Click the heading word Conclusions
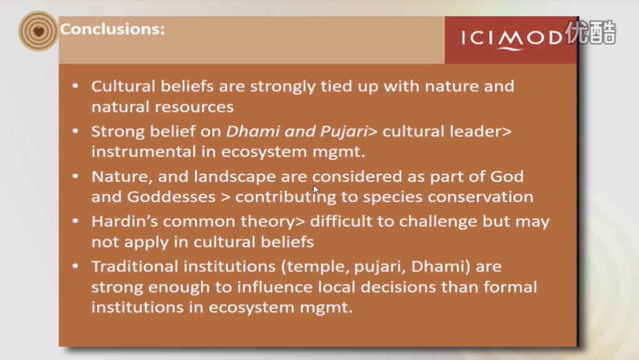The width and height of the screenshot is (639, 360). (x=112, y=29)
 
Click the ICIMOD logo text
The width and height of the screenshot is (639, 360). (x=512, y=39)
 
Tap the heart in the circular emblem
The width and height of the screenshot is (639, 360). (x=39, y=31)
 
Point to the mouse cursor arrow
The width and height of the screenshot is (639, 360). (x=316, y=190)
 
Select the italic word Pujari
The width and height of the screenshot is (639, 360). (x=344, y=131)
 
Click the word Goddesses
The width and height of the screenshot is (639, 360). (x=171, y=197)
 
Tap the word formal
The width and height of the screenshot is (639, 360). (x=510, y=287)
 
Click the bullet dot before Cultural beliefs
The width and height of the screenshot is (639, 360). (x=75, y=86)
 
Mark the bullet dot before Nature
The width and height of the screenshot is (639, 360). (x=75, y=177)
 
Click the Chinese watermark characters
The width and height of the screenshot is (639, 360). (x=591, y=32)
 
